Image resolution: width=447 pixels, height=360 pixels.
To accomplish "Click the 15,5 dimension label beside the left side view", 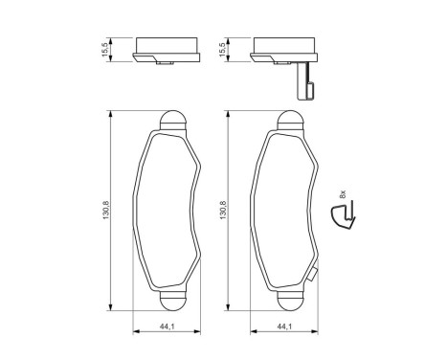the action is coord(105,50).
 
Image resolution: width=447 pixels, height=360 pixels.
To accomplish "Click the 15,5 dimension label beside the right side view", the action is coord(223,50).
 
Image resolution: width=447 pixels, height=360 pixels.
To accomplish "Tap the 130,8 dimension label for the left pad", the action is coord(106,210).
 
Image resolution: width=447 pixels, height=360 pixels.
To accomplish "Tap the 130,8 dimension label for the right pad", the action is coord(223,210).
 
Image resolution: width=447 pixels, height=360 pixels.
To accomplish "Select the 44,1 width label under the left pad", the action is coord(167,326).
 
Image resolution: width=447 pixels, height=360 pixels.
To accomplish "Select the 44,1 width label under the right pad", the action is coord(284,326).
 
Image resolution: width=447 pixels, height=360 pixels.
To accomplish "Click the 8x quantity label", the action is coord(343,194).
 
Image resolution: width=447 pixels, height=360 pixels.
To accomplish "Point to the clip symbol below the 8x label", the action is coord(344,214).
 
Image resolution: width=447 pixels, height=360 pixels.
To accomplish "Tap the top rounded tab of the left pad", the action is coord(172,121).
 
